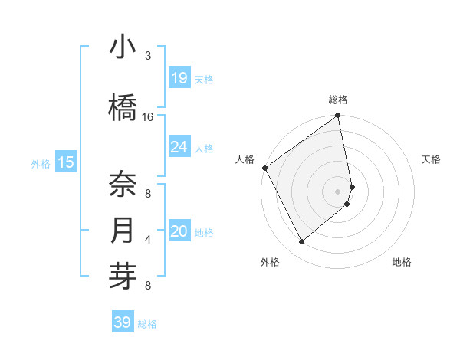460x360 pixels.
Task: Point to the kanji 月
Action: tap(123, 231)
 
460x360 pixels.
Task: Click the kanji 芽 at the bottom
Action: tap(123, 277)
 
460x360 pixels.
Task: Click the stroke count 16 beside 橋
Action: tap(148, 117)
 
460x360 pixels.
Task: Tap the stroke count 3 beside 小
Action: tap(148, 56)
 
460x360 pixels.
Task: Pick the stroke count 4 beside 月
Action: tap(148, 240)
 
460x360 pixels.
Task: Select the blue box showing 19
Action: tap(179, 77)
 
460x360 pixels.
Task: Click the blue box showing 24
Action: tap(179, 146)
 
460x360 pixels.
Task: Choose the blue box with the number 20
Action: tap(179, 231)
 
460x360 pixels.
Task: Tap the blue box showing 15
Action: tap(66, 162)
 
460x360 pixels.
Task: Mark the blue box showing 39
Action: tap(123, 322)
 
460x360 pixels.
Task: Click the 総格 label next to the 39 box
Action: tap(147, 324)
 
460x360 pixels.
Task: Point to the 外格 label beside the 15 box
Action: tap(41, 163)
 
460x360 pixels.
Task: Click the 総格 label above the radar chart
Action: tap(338, 100)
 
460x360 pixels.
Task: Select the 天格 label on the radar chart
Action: tap(432, 159)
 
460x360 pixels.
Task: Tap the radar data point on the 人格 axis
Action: tap(264, 168)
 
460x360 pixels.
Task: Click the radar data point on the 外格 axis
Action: tap(301, 242)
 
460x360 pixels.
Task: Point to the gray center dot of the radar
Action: tap(338, 191)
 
